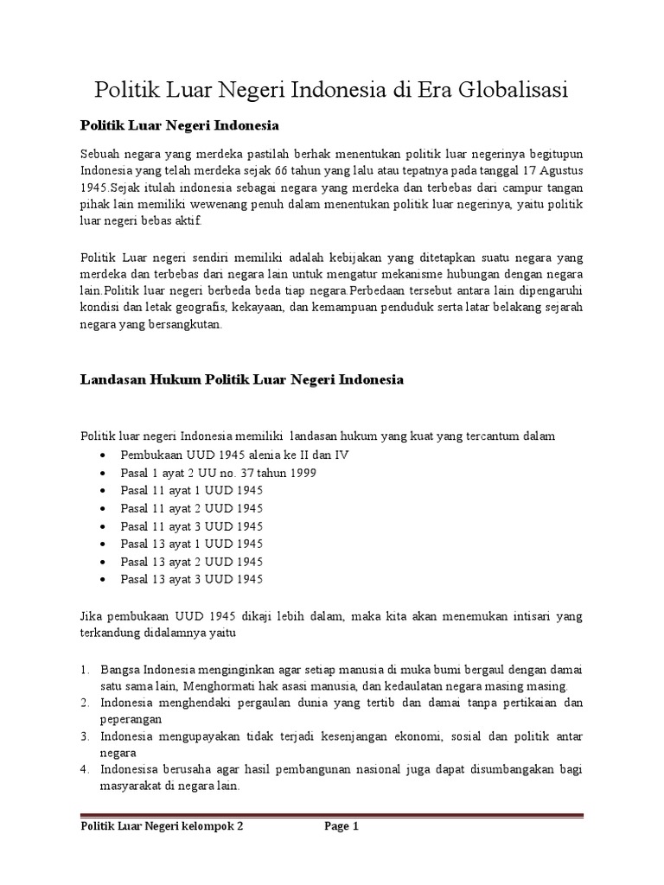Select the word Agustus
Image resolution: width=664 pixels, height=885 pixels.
click(559, 169)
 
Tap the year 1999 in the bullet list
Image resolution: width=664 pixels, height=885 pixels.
click(303, 473)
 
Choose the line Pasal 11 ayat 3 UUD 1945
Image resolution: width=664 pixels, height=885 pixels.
click(191, 525)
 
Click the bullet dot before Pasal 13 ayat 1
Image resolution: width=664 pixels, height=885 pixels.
click(104, 544)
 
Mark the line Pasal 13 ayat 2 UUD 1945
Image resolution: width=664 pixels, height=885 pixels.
click(191, 561)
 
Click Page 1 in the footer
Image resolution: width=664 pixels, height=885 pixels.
click(342, 826)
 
